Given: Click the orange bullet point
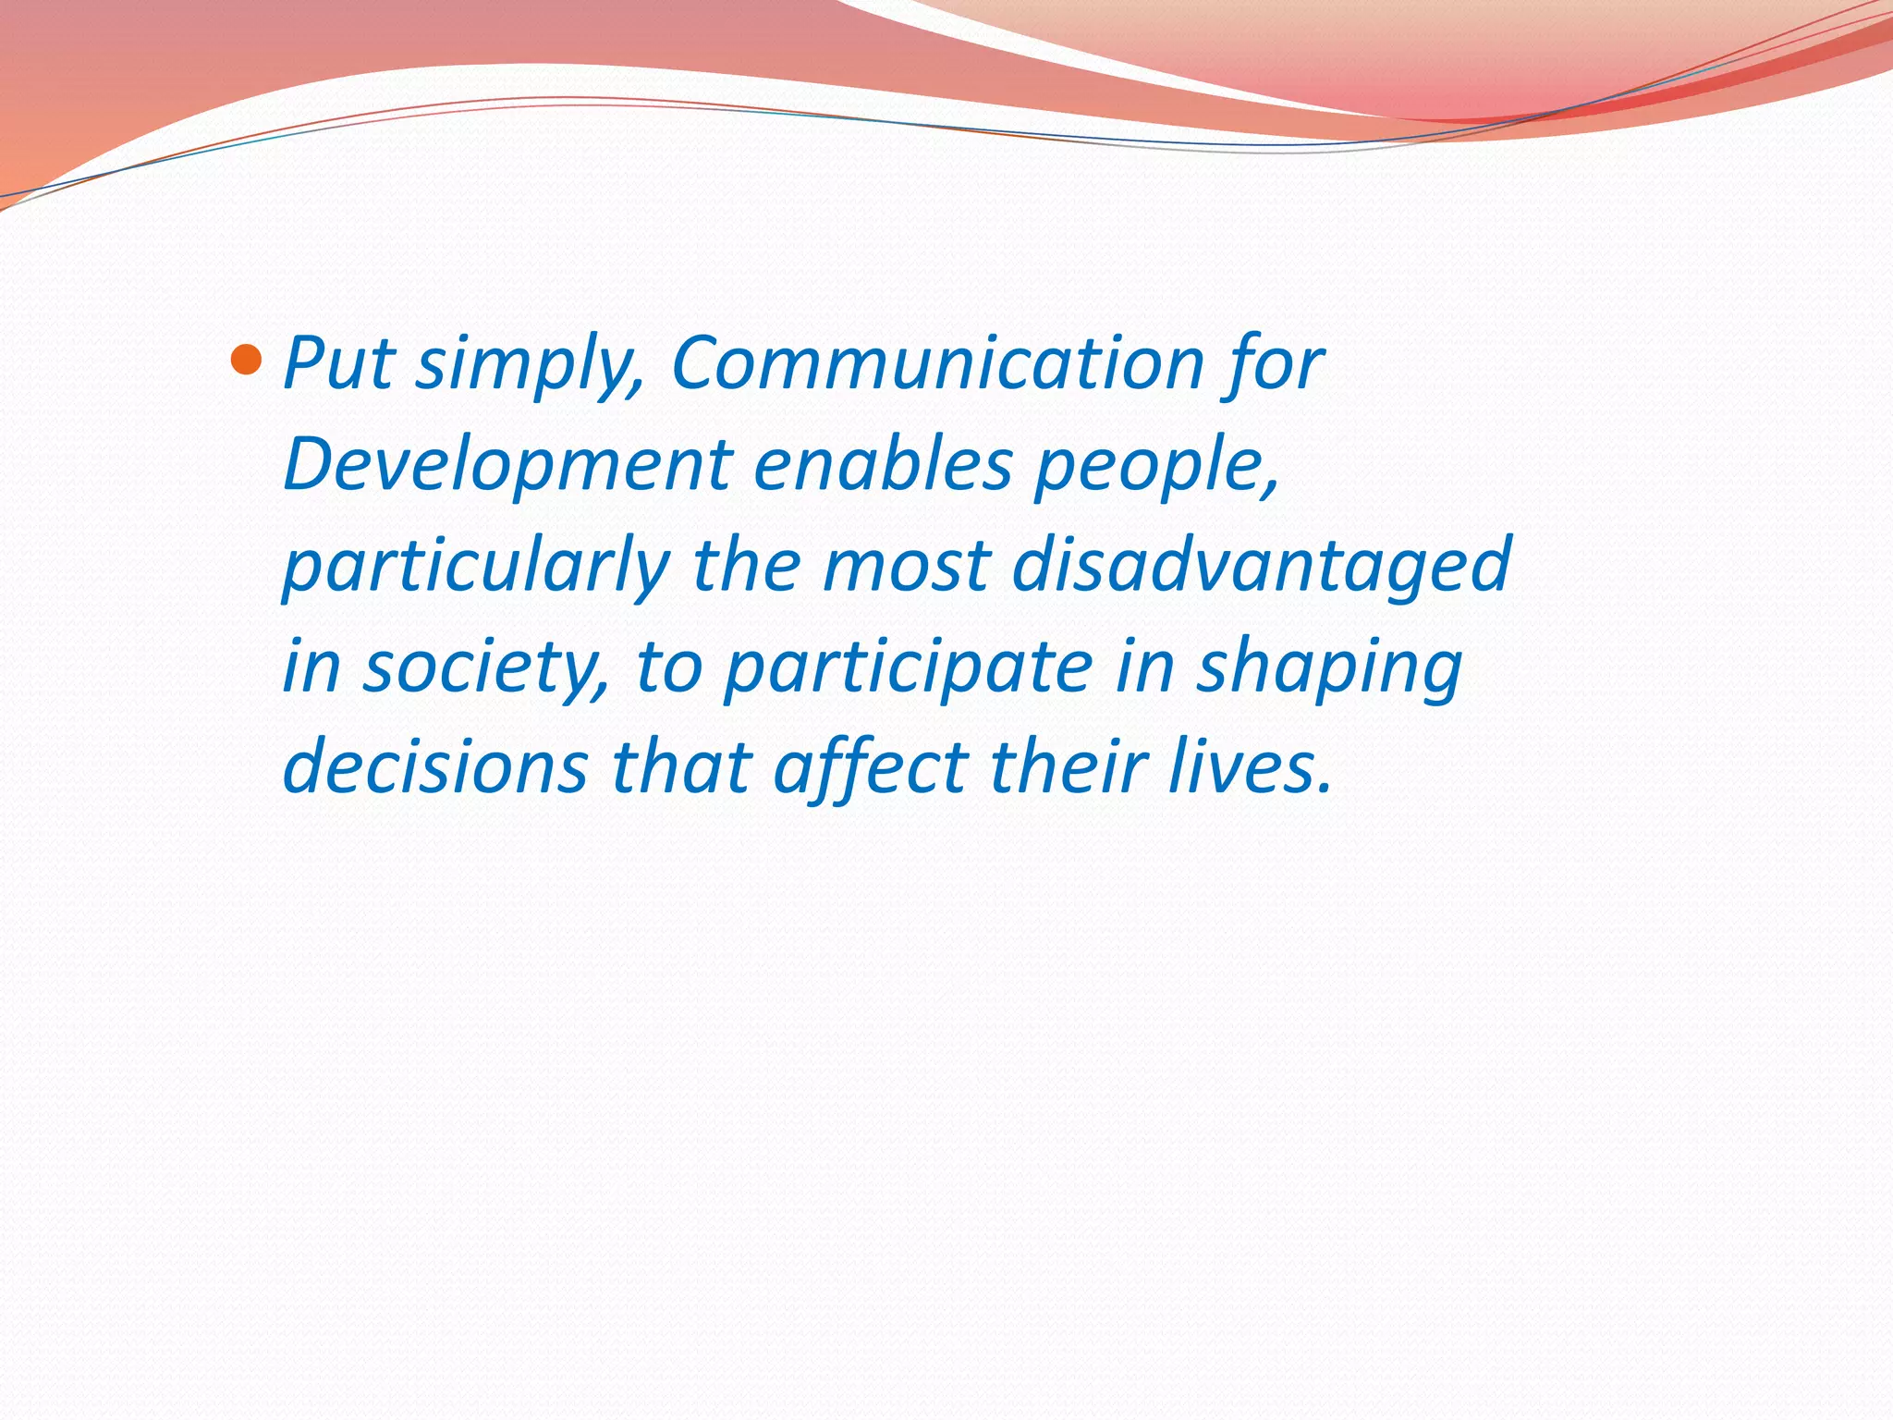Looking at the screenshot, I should pos(246,359).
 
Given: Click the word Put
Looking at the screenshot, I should pos(339,362).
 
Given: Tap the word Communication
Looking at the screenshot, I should pos(937,362).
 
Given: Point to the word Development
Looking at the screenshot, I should pos(507,465).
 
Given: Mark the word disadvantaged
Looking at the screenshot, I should pos(1262,566).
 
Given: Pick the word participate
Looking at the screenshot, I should pos(909,668).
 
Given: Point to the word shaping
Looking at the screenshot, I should pos(1329,668).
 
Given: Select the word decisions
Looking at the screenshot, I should pos(435,767).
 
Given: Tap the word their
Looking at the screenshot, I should pos(1067,767).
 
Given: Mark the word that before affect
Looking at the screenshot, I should pos(681,767).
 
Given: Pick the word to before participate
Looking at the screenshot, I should pos(669,668).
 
